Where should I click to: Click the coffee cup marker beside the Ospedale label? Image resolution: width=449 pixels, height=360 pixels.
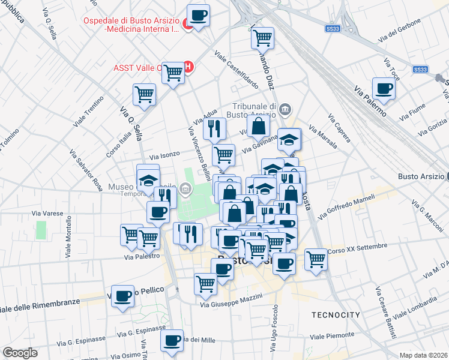pyautogui.click(x=198, y=15)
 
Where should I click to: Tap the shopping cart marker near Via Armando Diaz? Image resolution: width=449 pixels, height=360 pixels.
pyautogui.click(x=262, y=38)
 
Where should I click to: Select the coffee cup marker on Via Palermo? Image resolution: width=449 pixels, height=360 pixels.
pyautogui.click(x=384, y=89)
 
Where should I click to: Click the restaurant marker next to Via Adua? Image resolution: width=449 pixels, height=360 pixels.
pyautogui.click(x=214, y=127)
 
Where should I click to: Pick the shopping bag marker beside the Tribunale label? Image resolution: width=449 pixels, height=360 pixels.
pyautogui.click(x=258, y=127)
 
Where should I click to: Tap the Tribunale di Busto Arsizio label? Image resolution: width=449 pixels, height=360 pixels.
pyautogui.click(x=251, y=110)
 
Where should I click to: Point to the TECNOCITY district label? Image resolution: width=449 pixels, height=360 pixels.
pyautogui.click(x=336, y=315)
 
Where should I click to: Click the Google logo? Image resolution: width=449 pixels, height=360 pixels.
pyautogui.click(x=20, y=352)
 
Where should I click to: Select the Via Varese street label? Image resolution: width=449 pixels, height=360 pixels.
pyautogui.click(x=47, y=213)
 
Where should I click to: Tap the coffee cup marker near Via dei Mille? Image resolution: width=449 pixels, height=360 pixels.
pyautogui.click(x=172, y=340)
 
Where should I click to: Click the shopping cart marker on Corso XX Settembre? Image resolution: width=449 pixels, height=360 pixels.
pyautogui.click(x=316, y=259)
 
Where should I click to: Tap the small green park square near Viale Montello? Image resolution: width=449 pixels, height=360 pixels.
pyautogui.click(x=41, y=230)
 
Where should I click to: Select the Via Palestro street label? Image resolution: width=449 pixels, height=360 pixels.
pyautogui.click(x=142, y=256)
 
